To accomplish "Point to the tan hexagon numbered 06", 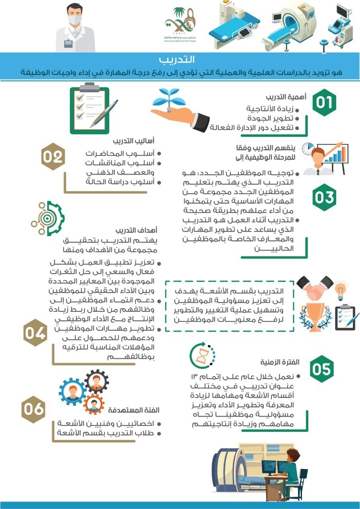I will coord(33,408).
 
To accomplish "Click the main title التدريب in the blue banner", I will coord(180,60).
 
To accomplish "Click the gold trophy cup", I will coord(314,314).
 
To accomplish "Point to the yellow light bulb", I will coord(341,290).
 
